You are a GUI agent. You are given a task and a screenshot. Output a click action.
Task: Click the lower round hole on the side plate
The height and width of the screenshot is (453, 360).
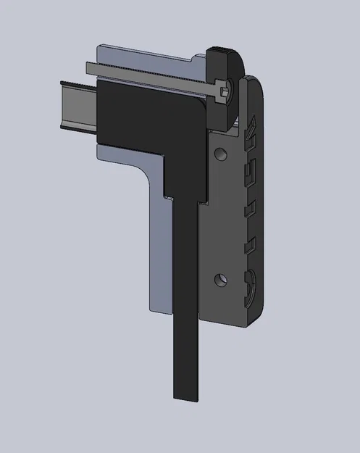click(x=221, y=278)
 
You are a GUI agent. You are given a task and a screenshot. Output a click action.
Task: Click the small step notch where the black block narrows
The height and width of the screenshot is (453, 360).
click(x=169, y=196)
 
